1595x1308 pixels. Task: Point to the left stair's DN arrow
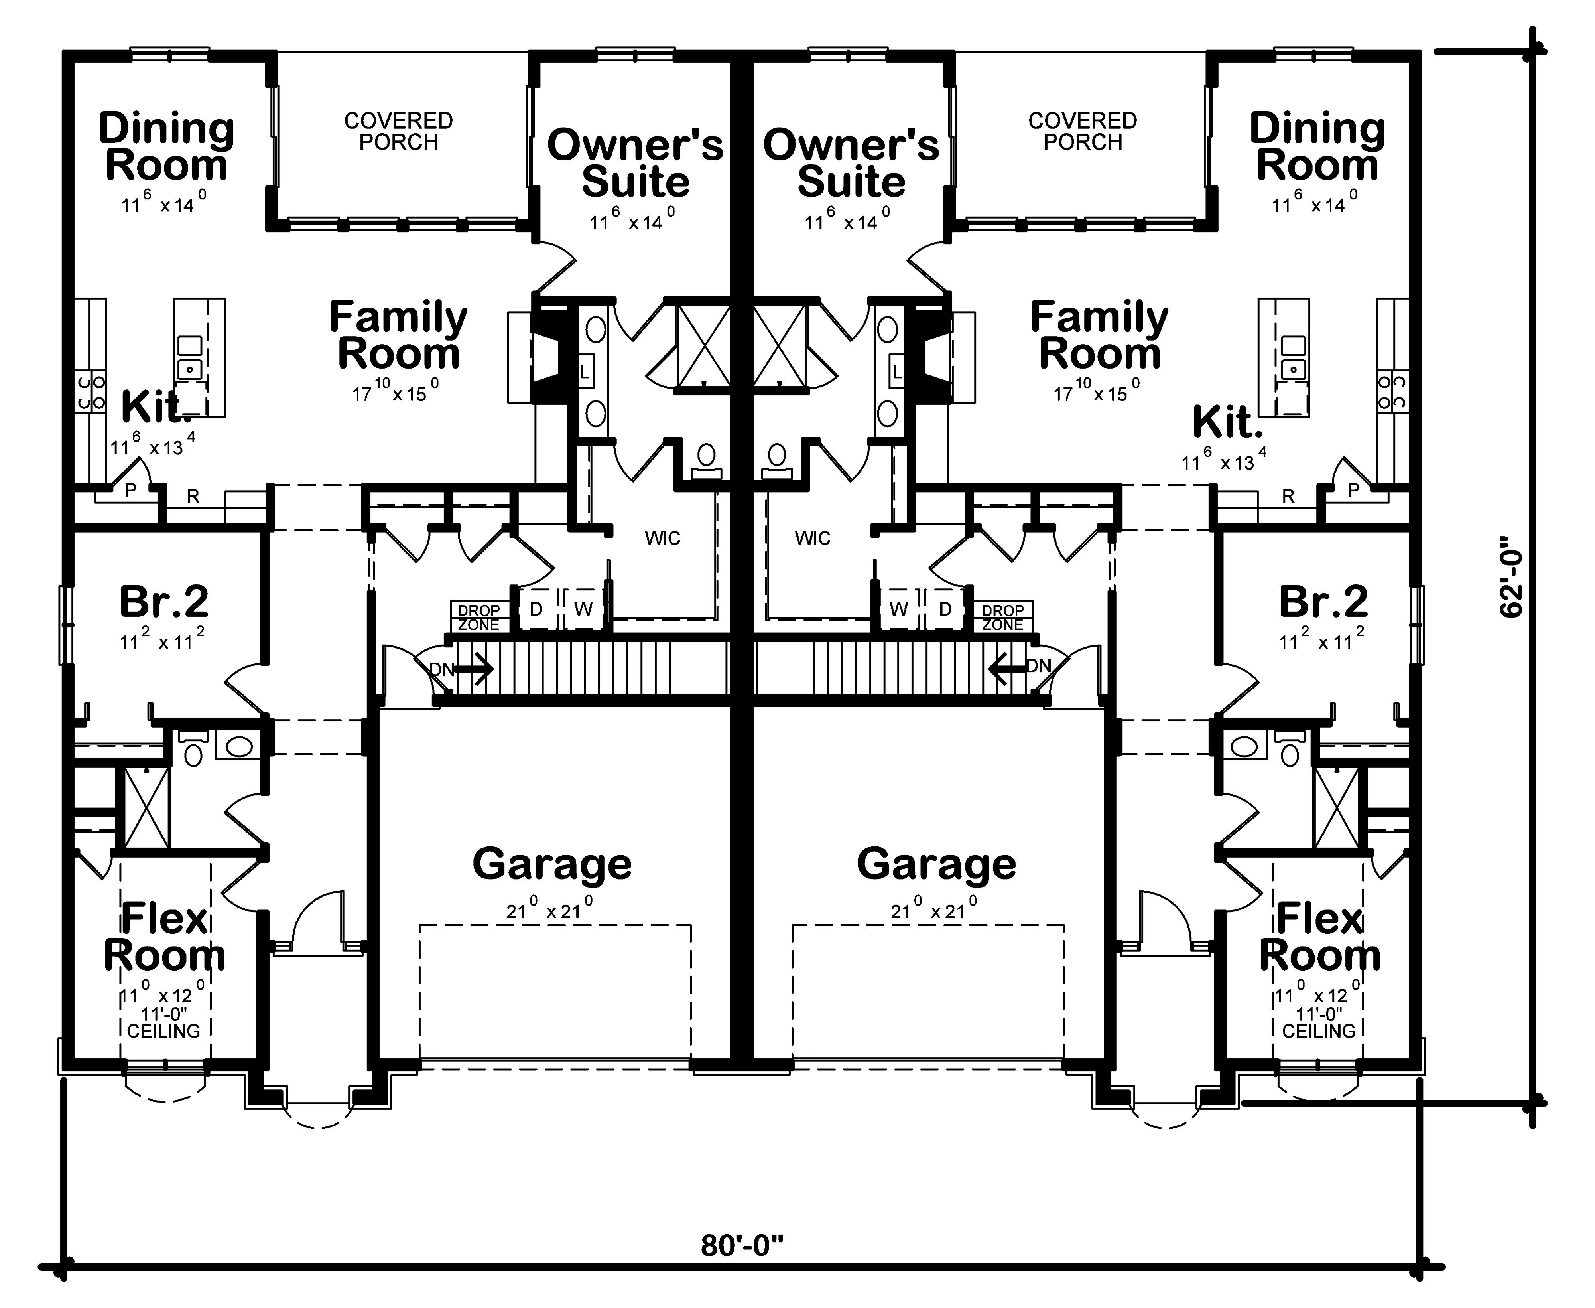click(473, 668)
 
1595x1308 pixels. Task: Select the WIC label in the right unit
click(813, 538)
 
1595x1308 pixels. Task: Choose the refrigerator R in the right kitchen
click(1288, 496)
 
